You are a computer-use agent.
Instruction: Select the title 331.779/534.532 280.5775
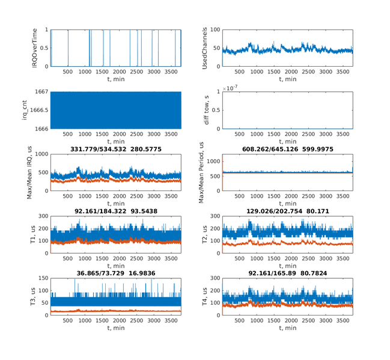(116, 149)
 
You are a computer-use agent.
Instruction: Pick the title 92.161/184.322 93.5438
(116, 212)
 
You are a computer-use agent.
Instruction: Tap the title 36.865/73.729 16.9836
(116, 274)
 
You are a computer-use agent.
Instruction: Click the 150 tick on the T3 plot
(44, 279)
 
